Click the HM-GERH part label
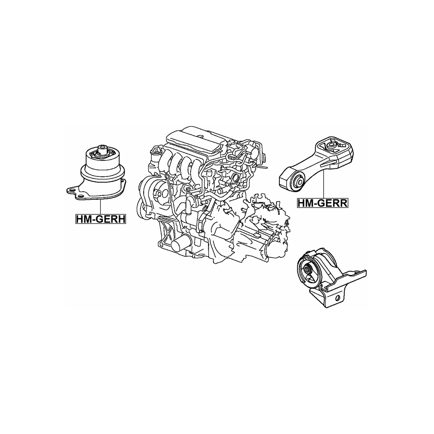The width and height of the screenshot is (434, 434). click(101, 219)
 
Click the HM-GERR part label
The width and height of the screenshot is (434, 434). click(323, 203)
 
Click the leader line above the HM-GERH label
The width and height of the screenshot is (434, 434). click(101, 206)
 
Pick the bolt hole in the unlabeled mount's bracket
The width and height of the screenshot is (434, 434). click(337, 298)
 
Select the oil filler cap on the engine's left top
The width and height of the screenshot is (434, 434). click(156, 150)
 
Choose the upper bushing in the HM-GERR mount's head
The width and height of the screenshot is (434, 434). click(332, 146)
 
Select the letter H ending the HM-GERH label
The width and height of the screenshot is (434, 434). click(122, 219)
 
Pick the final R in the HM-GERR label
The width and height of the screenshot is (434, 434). click(343, 203)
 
